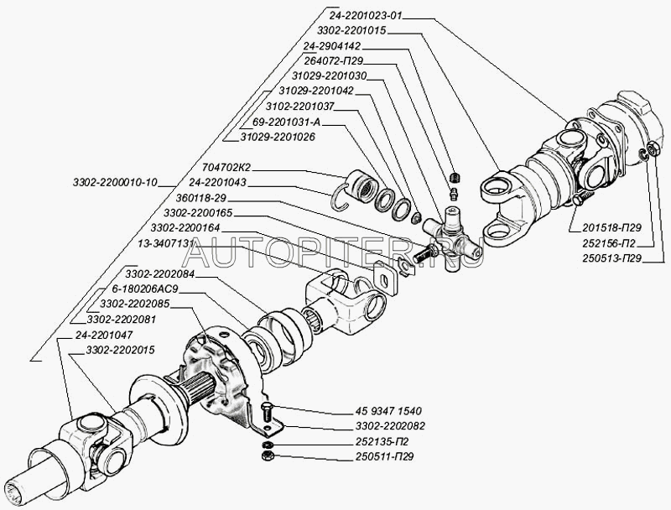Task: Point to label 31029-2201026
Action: (278, 137)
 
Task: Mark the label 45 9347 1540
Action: (386, 412)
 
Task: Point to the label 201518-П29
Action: (606, 227)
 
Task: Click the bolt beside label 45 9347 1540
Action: (267, 412)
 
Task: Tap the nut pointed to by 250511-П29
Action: (266, 456)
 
